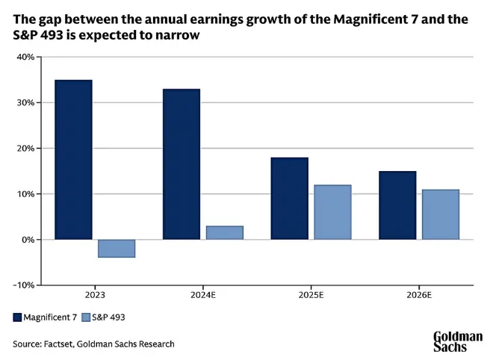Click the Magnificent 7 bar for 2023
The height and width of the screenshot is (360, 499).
pyautogui.click(x=73, y=160)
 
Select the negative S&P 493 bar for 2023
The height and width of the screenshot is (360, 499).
pyautogui.click(x=117, y=248)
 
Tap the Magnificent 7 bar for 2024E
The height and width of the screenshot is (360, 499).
pyautogui.click(x=182, y=164)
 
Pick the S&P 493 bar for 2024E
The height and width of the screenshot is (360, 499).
pyautogui.click(x=225, y=232)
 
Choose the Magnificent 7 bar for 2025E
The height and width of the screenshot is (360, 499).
pyautogui.click(x=289, y=199)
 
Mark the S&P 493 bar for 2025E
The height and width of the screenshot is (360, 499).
pyautogui.click(x=332, y=212)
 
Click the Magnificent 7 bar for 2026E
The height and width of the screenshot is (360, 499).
pyautogui.click(x=397, y=205)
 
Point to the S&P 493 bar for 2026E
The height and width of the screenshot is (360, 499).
pyautogui.click(x=441, y=214)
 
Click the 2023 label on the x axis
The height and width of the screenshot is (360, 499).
pyautogui.click(x=95, y=296)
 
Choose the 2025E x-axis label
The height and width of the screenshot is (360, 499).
pyautogui.click(x=311, y=296)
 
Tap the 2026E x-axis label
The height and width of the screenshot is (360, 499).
pyautogui.click(x=419, y=296)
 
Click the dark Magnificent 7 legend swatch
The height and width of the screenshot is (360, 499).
pyautogui.click(x=16, y=317)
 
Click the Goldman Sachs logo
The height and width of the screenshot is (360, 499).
pyautogui.click(x=457, y=341)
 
